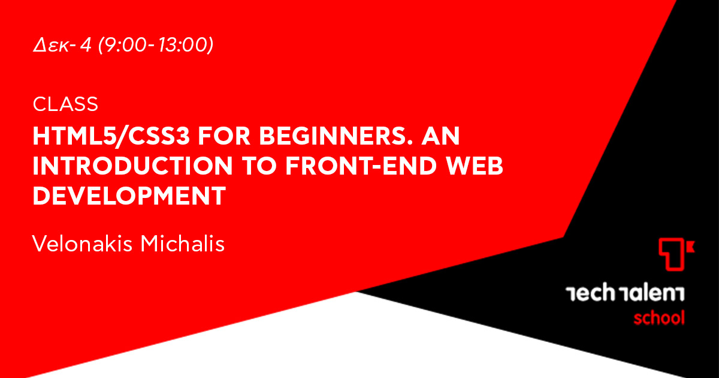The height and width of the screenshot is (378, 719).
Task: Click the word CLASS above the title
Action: tap(65, 104)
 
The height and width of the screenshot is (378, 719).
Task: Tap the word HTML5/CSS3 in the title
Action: tap(111, 136)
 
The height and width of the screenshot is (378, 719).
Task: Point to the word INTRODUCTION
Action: tap(132, 166)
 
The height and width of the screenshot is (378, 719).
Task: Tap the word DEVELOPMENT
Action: tap(129, 196)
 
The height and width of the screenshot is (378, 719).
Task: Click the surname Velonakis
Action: tap(82, 244)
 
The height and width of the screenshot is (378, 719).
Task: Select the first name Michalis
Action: tap(183, 244)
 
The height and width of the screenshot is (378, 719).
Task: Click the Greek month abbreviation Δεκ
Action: tap(51, 45)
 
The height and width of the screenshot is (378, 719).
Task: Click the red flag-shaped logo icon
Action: tap(676, 254)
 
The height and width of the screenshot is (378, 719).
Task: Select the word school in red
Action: tap(659, 317)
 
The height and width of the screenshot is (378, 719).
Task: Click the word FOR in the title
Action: tap(224, 136)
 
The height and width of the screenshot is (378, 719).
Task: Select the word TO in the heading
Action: tap(259, 166)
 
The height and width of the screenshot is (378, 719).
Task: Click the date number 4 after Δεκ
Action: tap(86, 45)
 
